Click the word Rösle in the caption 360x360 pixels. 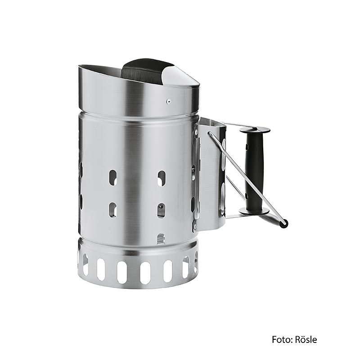305,339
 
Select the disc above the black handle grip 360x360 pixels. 255,130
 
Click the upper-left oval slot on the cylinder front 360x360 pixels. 113,177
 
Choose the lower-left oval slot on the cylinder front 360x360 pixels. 112,209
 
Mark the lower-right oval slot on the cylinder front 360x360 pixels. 161,210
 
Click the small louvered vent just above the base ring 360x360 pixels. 161,238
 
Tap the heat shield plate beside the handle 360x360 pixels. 211,175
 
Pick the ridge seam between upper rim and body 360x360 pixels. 135,112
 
